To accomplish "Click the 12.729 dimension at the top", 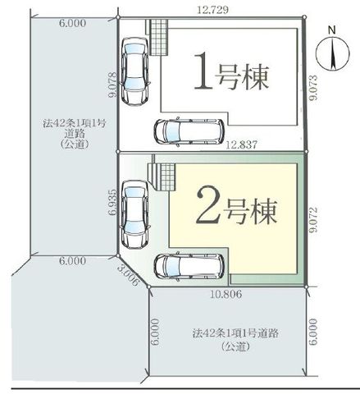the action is (212, 10).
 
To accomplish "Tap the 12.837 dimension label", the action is (242, 144).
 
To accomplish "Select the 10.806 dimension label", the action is (226, 294).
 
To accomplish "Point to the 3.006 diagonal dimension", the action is (128, 275).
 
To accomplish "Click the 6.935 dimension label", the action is (114, 202).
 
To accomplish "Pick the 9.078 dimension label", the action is (113, 85).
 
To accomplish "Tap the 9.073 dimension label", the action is (314, 88).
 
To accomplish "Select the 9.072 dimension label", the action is (313, 220).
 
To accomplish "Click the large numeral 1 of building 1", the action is (203, 71).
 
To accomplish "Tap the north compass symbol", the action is (332, 55).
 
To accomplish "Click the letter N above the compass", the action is (332, 30).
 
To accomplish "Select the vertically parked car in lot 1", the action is (135, 71).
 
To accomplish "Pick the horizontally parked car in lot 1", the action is (189, 131).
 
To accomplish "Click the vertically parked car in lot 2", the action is (135, 214).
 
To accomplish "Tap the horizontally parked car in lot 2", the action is (189, 266).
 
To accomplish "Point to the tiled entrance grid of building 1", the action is (158, 37).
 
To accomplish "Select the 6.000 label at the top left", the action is (72, 24).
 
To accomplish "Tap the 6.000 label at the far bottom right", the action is (314, 332).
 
